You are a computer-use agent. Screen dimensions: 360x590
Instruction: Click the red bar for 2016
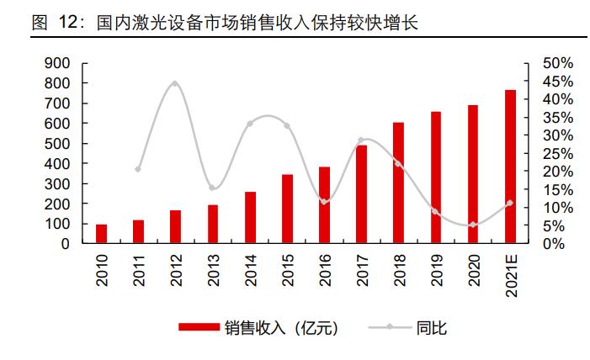click(x=324, y=205)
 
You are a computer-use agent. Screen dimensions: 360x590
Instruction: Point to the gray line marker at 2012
click(x=175, y=83)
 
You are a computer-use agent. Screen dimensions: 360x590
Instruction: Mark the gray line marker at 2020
click(x=473, y=225)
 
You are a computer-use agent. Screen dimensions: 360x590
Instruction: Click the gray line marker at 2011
click(x=138, y=169)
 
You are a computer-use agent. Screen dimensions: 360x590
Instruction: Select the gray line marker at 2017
click(x=361, y=140)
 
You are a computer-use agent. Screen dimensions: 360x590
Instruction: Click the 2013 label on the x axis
click(x=213, y=269)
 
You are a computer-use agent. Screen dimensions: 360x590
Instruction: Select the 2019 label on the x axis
click(x=436, y=269)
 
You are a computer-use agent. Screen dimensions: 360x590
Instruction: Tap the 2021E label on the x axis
click(x=510, y=273)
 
